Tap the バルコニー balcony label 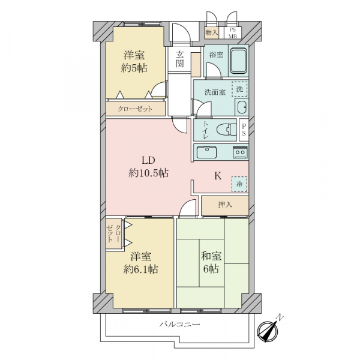click(x=180, y=324)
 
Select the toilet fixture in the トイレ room click(x=227, y=130)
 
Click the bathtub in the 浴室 click(x=239, y=61)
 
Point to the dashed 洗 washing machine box click(x=239, y=89)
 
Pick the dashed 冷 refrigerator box click(x=239, y=184)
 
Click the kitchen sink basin click(x=206, y=152)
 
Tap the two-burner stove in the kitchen click(x=241, y=152)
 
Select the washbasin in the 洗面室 click(x=242, y=107)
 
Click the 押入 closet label click(x=225, y=205)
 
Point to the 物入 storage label click(x=211, y=32)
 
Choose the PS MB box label click(x=233, y=33)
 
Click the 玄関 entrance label click(x=180, y=59)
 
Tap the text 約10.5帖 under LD click(x=148, y=173)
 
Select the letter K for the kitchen click(x=218, y=176)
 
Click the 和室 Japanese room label click(x=211, y=256)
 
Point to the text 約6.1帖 click(x=141, y=269)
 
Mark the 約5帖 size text click(x=134, y=68)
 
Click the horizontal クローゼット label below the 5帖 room click(x=135, y=109)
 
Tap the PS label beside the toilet click(x=244, y=130)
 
